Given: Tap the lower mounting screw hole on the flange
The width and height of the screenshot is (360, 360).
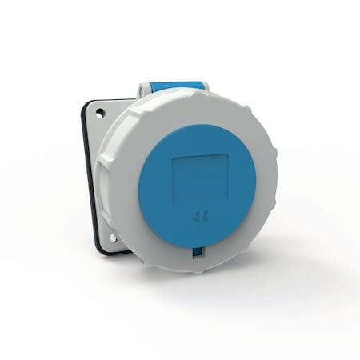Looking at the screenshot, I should click(113, 238).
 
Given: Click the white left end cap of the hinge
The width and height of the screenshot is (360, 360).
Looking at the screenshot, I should click(142, 90).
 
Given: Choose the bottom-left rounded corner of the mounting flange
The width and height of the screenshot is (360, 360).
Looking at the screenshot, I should click(101, 249).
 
